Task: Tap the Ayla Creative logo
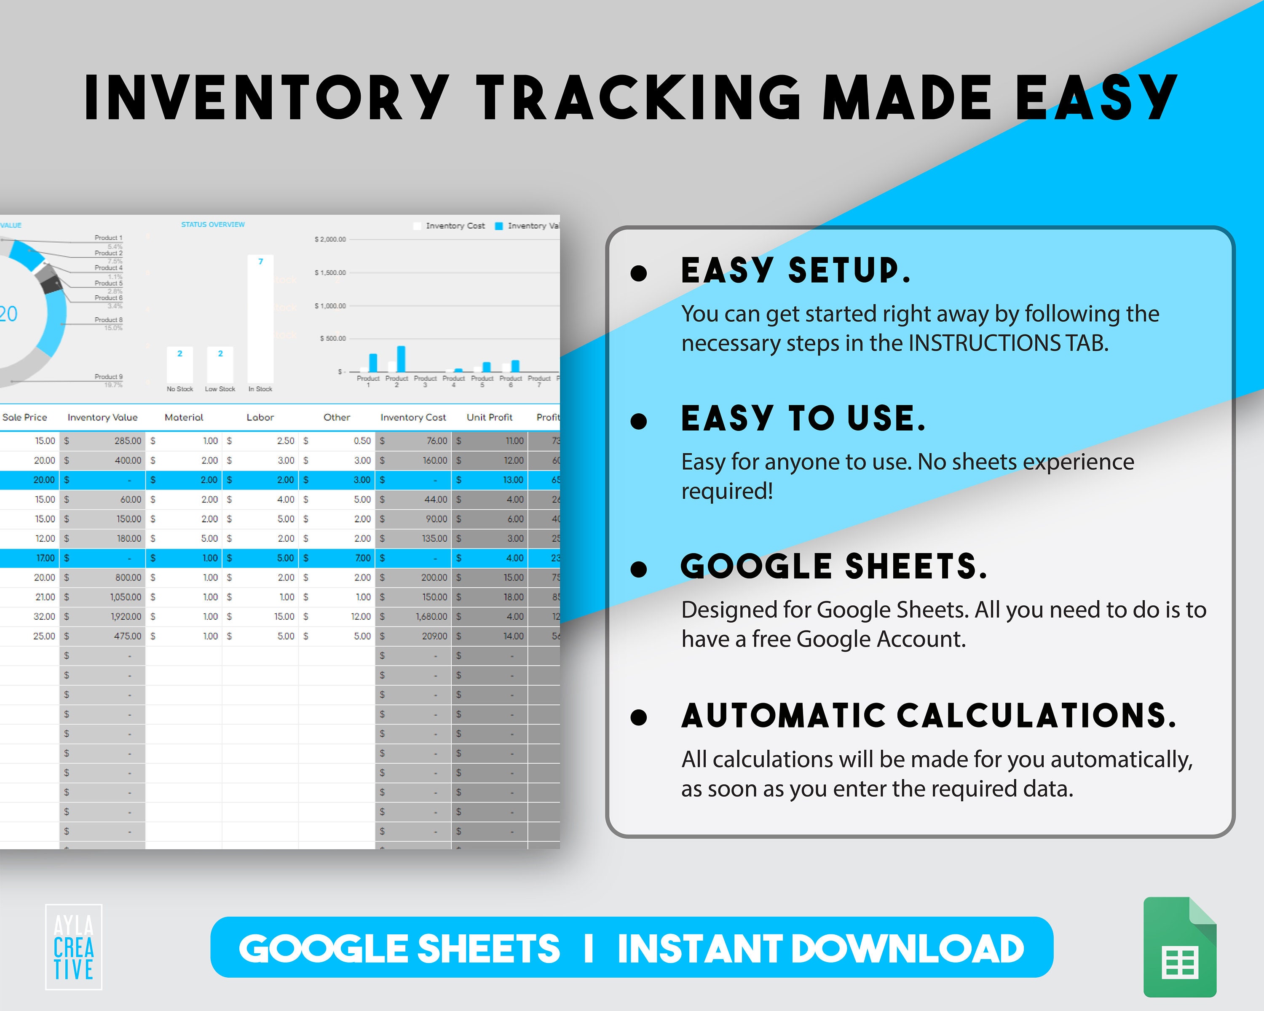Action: [73, 947]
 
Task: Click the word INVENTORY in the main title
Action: [267, 98]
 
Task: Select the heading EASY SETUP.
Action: [795, 271]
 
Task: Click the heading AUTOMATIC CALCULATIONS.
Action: [929, 716]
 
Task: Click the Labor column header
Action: [260, 417]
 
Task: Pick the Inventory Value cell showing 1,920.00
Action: [126, 617]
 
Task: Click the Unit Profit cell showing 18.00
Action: [513, 596]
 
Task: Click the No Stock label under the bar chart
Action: [179, 389]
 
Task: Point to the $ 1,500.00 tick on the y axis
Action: [330, 273]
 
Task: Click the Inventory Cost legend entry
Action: [454, 226]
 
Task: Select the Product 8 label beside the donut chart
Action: [108, 320]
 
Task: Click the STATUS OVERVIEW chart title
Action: [213, 225]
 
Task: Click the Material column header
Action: [184, 417]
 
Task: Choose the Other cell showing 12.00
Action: [361, 617]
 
